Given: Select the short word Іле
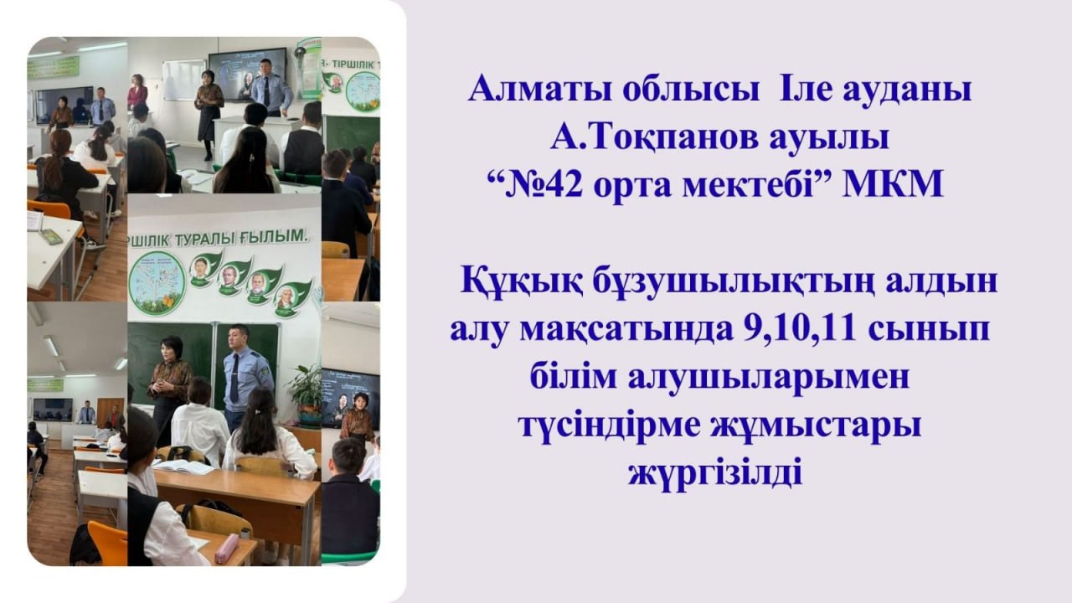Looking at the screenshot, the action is (x=805, y=90).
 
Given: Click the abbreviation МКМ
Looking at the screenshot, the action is (x=893, y=184).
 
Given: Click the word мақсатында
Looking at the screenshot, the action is (x=626, y=330).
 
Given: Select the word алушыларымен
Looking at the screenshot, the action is (x=769, y=378).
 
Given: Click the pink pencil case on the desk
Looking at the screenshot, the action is (x=227, y=548).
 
